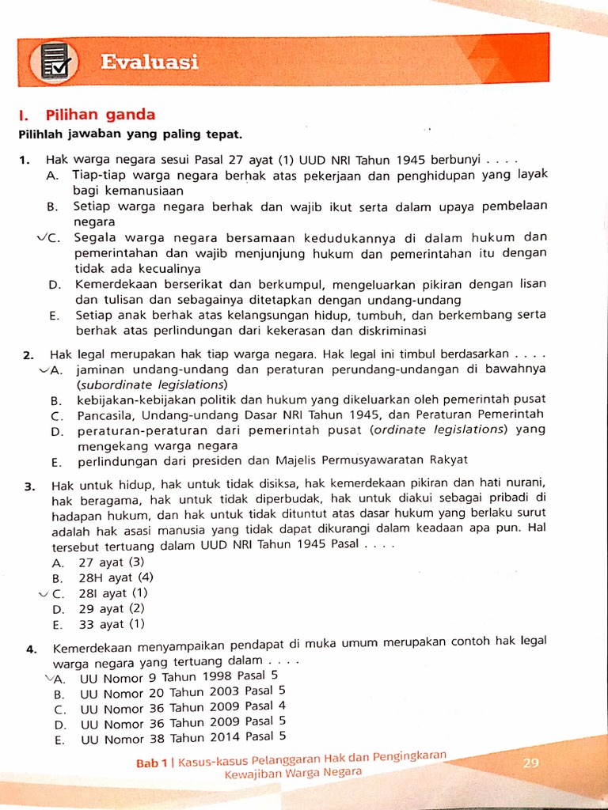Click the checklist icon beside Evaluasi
coord(55,64)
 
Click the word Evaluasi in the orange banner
coord(150,62)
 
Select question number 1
coord(25,160)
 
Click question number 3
coord(29,486)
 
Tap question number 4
coord(31,649)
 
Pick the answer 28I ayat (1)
coord(113,593)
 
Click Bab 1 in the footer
coord(152,763)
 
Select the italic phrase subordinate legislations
coord(151,384)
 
